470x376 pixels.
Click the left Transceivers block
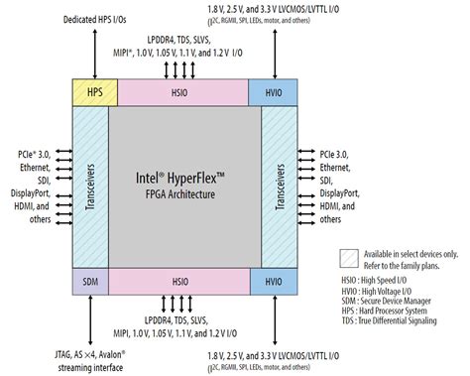[89, 187]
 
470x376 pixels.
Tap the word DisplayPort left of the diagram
[37, 193]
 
